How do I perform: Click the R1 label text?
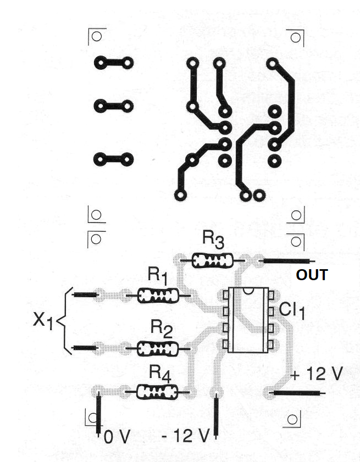point(158,275)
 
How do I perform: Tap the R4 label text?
point(160,374)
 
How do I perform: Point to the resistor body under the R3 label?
point(212,261)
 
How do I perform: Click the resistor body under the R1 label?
point(158,296)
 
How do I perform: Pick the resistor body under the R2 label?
point(158,349)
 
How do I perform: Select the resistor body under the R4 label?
point(157,392)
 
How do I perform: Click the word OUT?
point(312,275)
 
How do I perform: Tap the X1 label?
point(43,320)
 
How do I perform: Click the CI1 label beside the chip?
point(292,311)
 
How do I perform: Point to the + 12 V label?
point(317,374)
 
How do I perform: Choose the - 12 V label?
point(186,436)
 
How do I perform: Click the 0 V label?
point(117,437)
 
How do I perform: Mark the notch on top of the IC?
point(248,291)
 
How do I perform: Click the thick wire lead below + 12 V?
point(298,393)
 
